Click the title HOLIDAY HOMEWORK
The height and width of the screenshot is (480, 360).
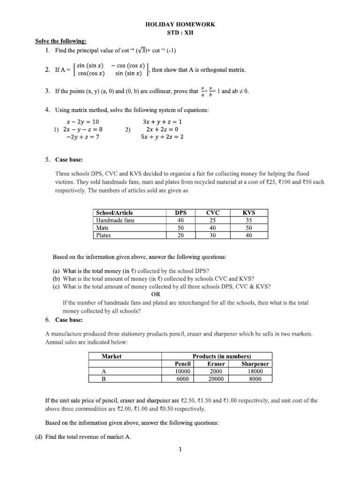(x=180, y=24)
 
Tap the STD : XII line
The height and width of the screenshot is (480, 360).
(x=180, y=33)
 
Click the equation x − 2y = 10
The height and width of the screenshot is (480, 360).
(x=82, y=120)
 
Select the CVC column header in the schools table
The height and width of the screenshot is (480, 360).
(x=212, y=212)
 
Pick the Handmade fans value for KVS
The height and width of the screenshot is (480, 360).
(x=248, y=220)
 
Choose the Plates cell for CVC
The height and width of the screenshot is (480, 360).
(x=212, y=235)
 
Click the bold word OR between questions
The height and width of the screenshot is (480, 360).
(x=155, y=294)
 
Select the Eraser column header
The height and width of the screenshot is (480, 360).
(x=216, y=364)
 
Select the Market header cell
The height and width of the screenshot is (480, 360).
(x=112, y=356)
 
